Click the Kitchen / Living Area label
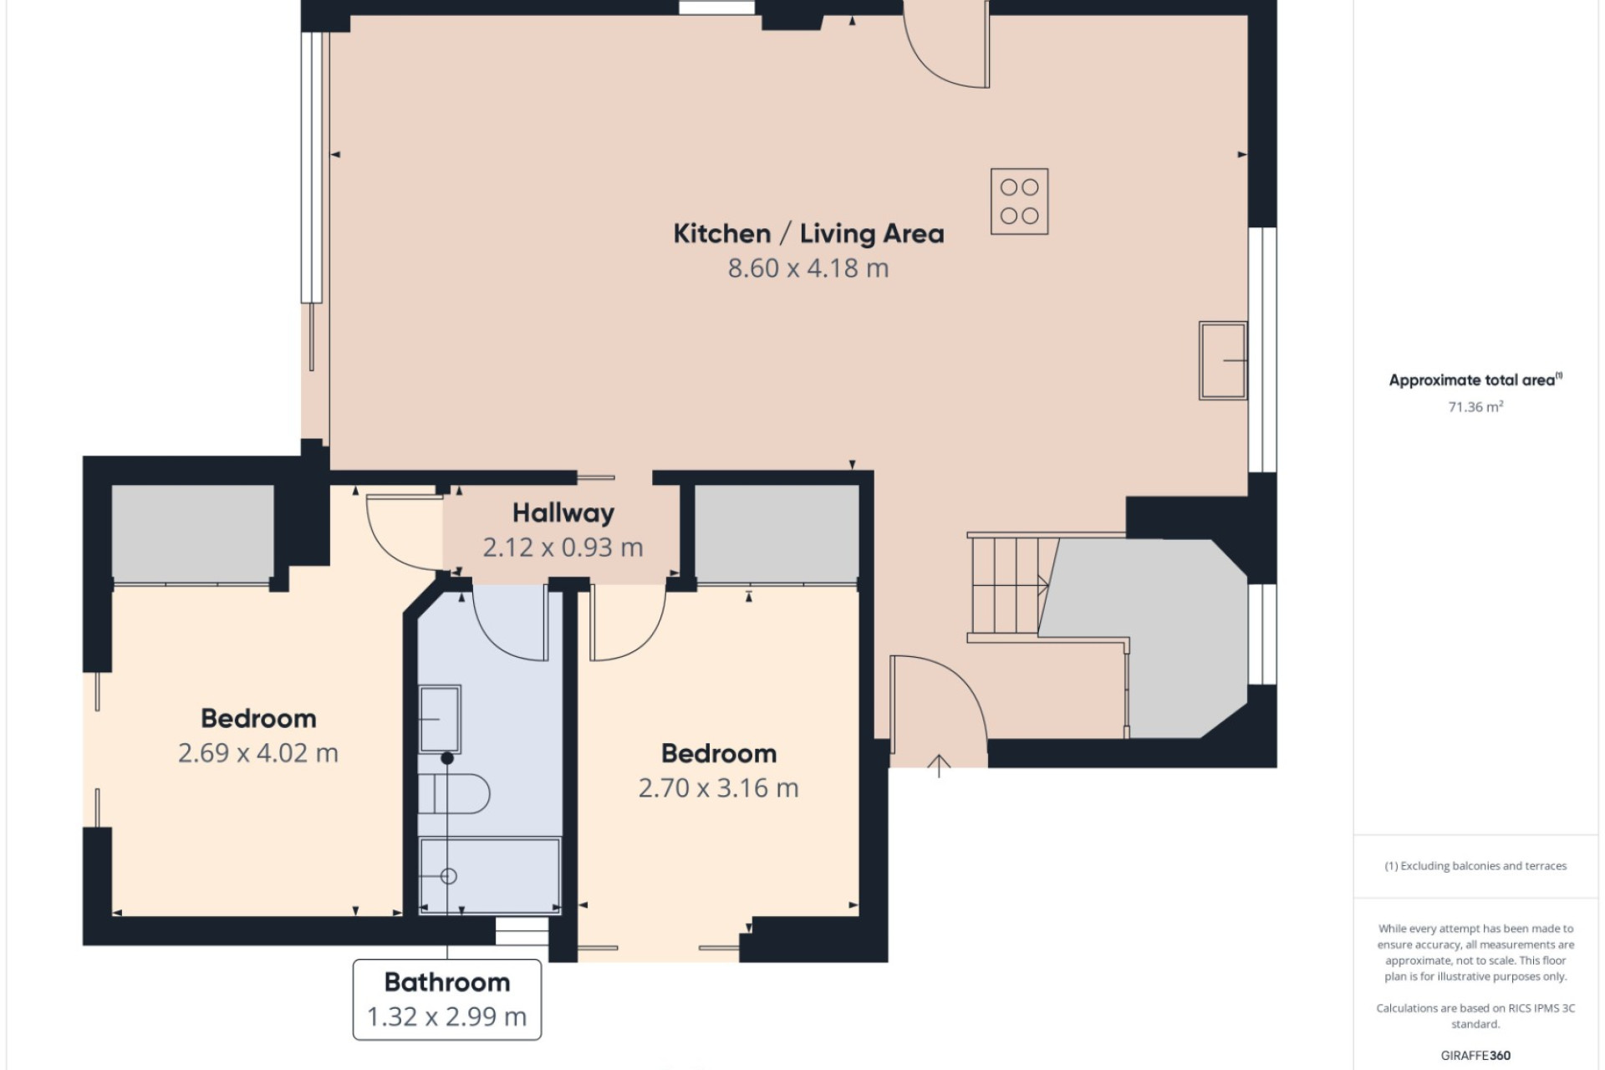coord(808,233)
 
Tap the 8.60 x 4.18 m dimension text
coord(808,268)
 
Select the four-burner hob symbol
coord(1019,201)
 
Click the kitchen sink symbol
coord(1223,360)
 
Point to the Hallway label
coord(563,512)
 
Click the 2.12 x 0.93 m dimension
coord(563,548)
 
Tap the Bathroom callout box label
coord(447,981)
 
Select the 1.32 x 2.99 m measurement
coord(447,1016)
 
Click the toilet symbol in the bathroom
coord(453,793)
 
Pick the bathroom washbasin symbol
coord(440,719)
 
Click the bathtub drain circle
coord(449,876)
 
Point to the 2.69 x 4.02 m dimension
coord(258,753)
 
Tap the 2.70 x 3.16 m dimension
coord(719,788)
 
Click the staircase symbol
coord(1007,587)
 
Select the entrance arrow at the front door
coord(939,766)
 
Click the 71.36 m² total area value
coord(1476,407)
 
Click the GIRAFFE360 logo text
coord(1475,1056)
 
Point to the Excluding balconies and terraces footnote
coord(1475,866)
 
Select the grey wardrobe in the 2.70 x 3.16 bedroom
coord(777,533)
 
